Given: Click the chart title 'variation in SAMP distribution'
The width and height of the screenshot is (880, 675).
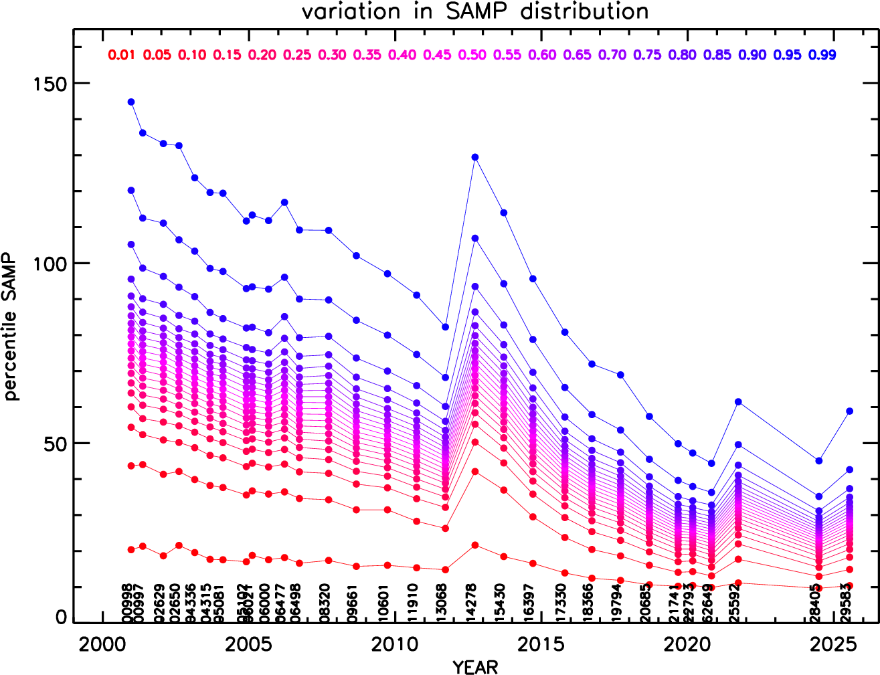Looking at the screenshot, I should click(x=474, y=11).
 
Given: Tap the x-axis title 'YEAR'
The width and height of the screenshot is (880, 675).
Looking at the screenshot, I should click(x=475, y=667).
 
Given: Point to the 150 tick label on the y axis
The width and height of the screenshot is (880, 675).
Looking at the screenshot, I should click(x=50, y=84).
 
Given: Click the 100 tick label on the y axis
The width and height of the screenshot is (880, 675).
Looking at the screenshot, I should click(x=50, y=264).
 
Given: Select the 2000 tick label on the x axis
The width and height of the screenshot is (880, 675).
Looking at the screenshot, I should click(x=102, y=644).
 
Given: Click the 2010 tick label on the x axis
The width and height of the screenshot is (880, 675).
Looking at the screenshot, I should click(x=395, y=644).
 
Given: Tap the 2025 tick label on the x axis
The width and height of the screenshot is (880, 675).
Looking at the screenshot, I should click(x=833, y=644).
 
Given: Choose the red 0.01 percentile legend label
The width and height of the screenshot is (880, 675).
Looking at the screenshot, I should click(x=122, y=55).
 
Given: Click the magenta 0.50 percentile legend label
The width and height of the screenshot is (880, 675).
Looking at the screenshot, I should click(x=472, y=55).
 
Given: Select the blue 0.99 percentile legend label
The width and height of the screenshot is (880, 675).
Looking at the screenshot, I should click(x=822, y=55).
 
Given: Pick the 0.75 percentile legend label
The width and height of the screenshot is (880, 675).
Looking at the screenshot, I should click(x=647, y=55).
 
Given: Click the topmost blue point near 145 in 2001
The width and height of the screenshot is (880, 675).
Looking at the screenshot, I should click(x=131, y=102).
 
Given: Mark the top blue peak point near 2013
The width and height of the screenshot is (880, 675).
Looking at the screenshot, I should click(x=475, y=157).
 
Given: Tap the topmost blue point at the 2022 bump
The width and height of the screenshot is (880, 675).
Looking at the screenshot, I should click(x=738, y=401).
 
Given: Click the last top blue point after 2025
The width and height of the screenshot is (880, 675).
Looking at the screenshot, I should click(x=849, y=411).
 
